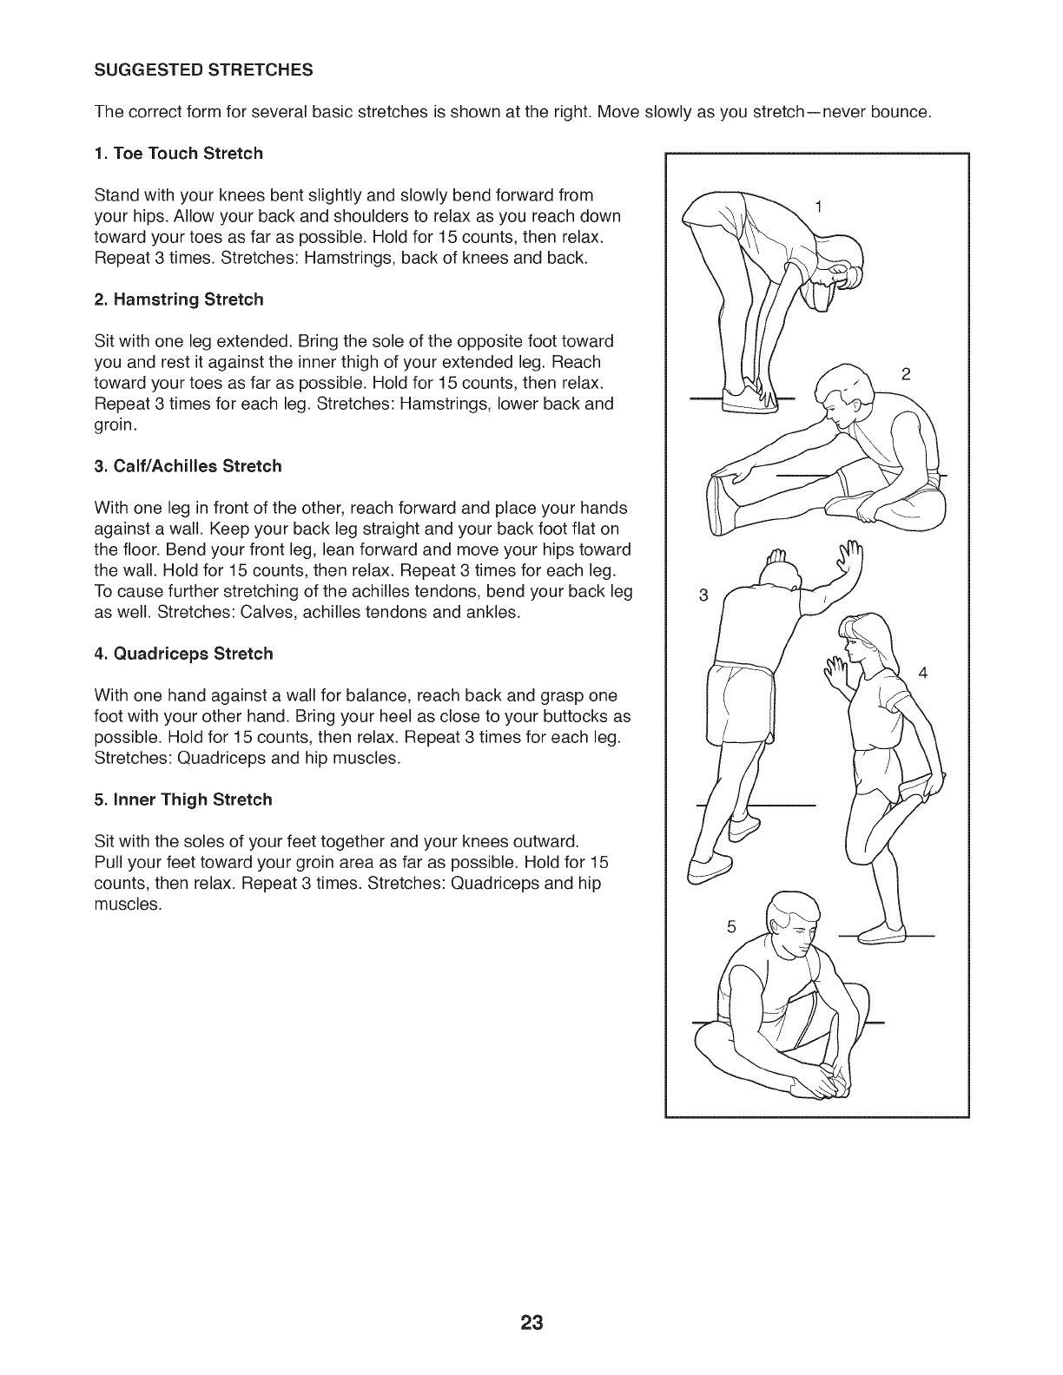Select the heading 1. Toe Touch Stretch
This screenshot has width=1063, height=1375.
[178, 154]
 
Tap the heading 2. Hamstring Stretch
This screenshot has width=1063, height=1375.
[179, 299]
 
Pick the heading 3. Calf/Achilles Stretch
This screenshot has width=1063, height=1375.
[188, 466]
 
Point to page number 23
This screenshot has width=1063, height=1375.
[531, 1322]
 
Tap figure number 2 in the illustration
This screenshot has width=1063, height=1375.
[905, 374]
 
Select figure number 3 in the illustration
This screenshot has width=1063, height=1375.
[703, 595]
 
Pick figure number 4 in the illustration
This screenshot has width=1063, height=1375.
[922, 673]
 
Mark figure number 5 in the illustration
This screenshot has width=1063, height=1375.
[730, 927]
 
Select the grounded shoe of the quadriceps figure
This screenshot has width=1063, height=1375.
[881, 935]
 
